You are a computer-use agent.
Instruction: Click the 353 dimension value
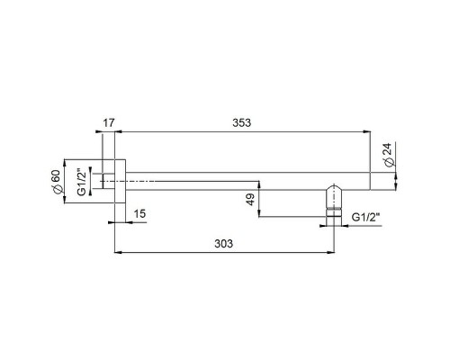(241, 122)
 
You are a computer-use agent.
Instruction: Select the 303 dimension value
(223, 244)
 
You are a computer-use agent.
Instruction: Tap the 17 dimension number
(109, 122)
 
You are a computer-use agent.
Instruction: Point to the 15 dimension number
(139, 214)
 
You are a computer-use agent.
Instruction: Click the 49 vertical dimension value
(250, 200)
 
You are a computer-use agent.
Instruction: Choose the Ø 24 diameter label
(388, 155)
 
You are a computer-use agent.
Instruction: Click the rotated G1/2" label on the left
(82, 182)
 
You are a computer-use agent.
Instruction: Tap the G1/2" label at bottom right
(365, 217)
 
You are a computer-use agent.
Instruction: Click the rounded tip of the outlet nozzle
(334, 186)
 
